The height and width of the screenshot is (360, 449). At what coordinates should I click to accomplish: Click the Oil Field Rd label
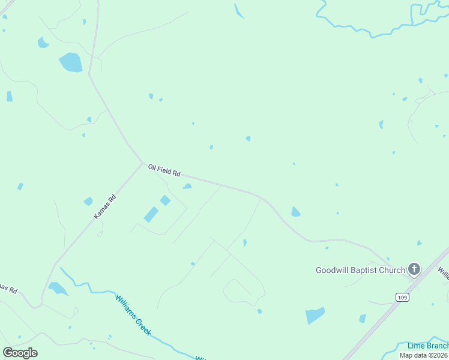coord(164,170)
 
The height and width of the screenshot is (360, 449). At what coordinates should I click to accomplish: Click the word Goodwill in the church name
coord(333,270)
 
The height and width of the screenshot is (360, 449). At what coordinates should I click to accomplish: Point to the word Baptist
coord(366,270)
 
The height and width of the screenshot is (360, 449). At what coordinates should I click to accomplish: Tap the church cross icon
coord(414,269)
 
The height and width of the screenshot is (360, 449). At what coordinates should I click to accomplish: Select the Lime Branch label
coord(427,346)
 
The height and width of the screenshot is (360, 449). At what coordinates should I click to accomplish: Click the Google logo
coord(20,353)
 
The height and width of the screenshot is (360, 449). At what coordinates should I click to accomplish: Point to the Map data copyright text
coord(424,355)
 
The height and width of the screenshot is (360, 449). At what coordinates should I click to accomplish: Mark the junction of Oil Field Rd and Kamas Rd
coord(142,163)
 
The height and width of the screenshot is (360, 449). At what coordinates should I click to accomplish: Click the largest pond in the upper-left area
coord(71,62)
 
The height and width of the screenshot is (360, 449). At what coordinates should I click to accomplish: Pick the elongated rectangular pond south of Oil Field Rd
coord(151,214)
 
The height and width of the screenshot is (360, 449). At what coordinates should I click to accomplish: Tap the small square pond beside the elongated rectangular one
coord(165,200)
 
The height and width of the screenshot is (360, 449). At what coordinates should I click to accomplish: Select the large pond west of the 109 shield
coord(315,315)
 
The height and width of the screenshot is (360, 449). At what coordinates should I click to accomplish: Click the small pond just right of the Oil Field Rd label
coord(187,186)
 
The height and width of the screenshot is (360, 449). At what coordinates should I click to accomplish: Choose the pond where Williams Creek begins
coord(58,289)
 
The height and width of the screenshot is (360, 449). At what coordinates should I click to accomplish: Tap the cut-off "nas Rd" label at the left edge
coord(8,289)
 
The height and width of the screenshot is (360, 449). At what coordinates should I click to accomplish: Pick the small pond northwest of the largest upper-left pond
coord(43,43)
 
